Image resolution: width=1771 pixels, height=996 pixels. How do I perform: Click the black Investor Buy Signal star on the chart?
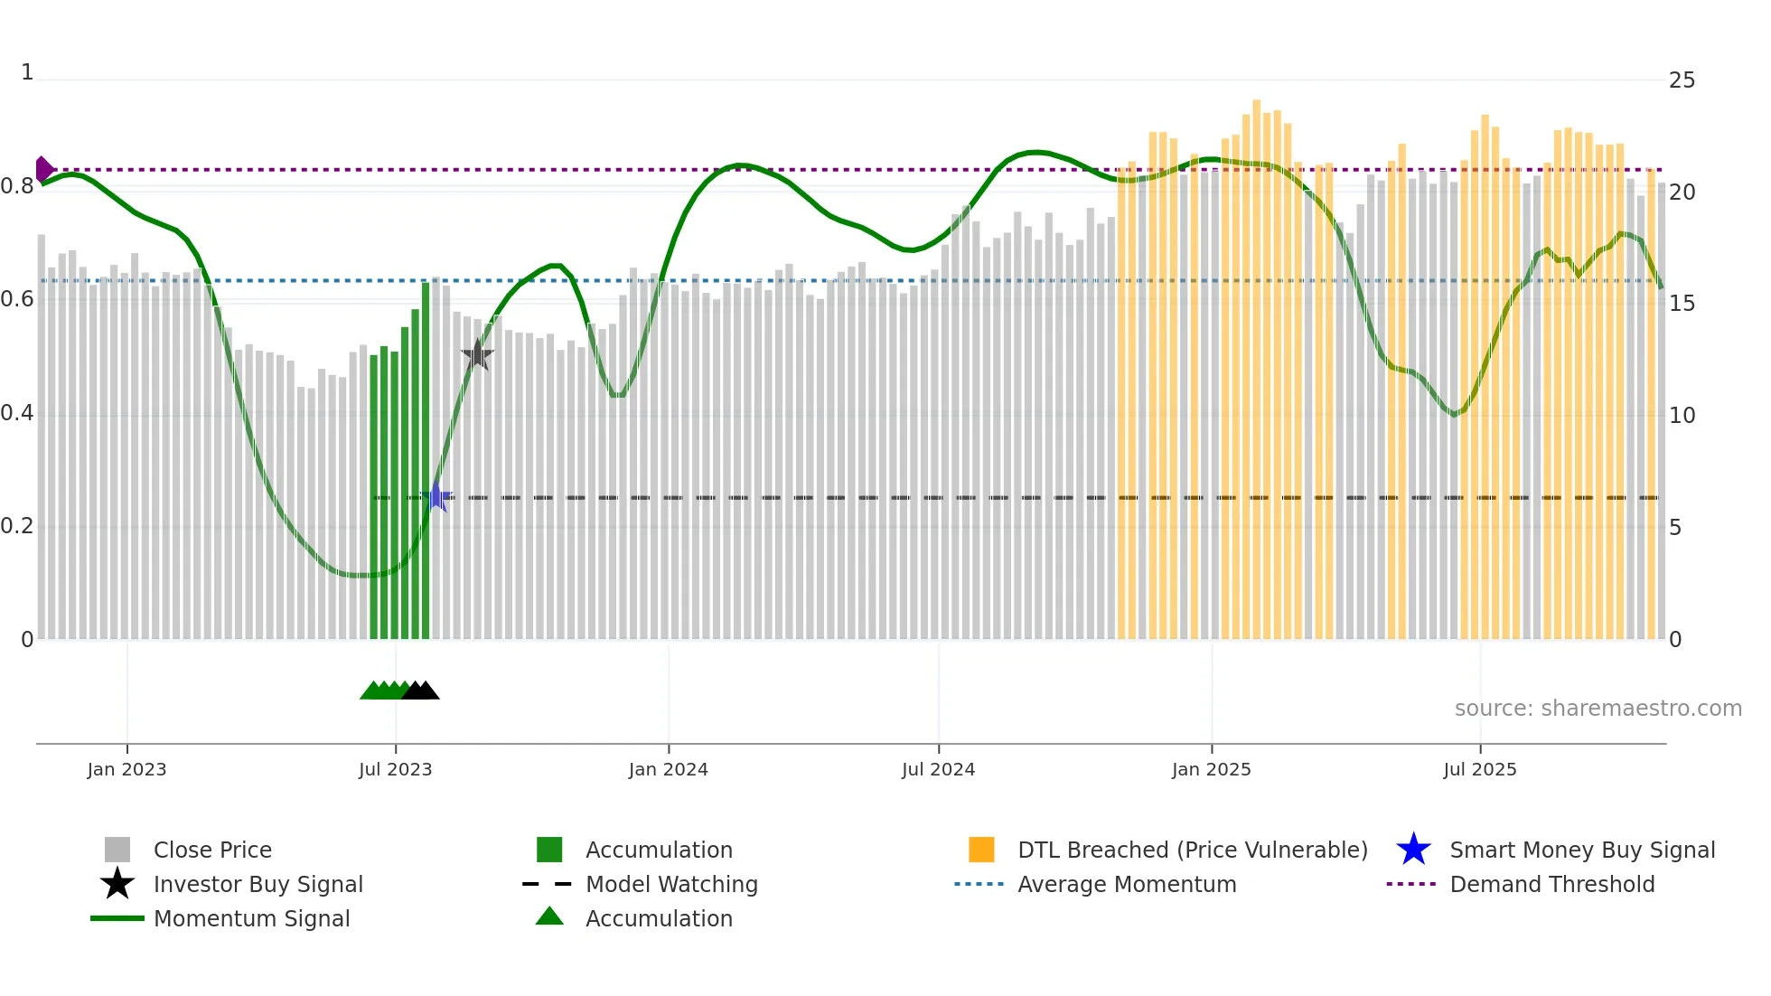pyautogui.click(x=477, y=355)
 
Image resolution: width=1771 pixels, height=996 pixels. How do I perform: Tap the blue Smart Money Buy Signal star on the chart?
pyautogui.click(x=437, y=497)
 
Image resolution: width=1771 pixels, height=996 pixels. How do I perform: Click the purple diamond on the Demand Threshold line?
pyautogui.click(x=43, y=169)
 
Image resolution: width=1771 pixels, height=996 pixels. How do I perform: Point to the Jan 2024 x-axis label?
pyautogui.click(x=668, y=769)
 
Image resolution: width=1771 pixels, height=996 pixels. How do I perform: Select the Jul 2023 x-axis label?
pyautogui.click(x=395, y=769)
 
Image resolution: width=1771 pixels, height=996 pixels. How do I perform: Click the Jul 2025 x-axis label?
pyautogui.click(x=1479, y=769)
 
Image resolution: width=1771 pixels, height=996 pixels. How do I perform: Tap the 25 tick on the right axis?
pyautogui.click(x=1682, y=80)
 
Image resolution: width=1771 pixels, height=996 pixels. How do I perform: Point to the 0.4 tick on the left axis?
pyautogui.click(x=17, y=414)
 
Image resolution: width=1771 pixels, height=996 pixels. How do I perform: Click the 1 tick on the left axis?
pyautogui.click(x=27, y=72)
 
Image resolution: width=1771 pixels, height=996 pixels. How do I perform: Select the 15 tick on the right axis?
pyautogui.click(x=1682, y=304)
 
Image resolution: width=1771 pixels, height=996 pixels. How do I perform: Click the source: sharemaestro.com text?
pyautogui.click(x=1598, y=709)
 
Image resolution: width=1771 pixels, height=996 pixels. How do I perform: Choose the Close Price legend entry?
pyautogui.click(x=212, y=850)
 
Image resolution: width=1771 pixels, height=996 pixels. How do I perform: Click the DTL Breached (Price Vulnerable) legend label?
pyautogui.click(x=1192, y=850)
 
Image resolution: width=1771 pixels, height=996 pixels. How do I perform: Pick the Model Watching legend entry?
pyautogui.click(x=670, y=884)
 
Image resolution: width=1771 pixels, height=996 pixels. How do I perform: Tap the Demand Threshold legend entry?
pyautogui.click(x=1551, y=884)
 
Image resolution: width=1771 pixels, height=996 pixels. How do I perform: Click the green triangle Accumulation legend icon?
pyautogui.click(x=549, y=917)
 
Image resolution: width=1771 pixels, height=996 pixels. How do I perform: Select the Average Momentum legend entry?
pyautogui.click(x=1126, y=884)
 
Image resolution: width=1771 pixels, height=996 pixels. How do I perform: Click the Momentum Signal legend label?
pyautogui.click(x=251, y=918)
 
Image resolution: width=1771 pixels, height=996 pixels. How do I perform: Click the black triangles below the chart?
pyautogui.click(x=420, y=691)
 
